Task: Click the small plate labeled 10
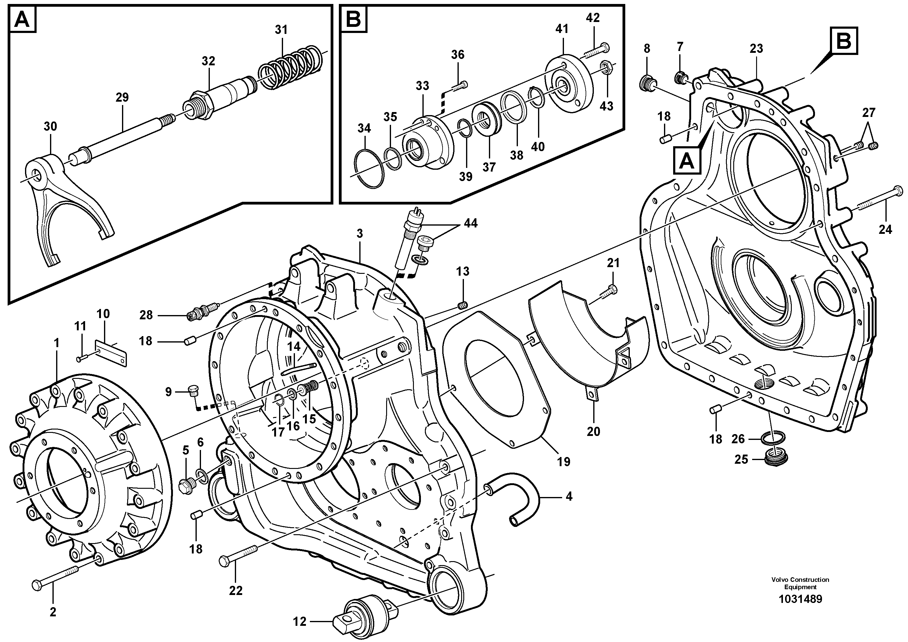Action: click(x=111, y=354)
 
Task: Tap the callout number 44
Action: click(x=471, y=223)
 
